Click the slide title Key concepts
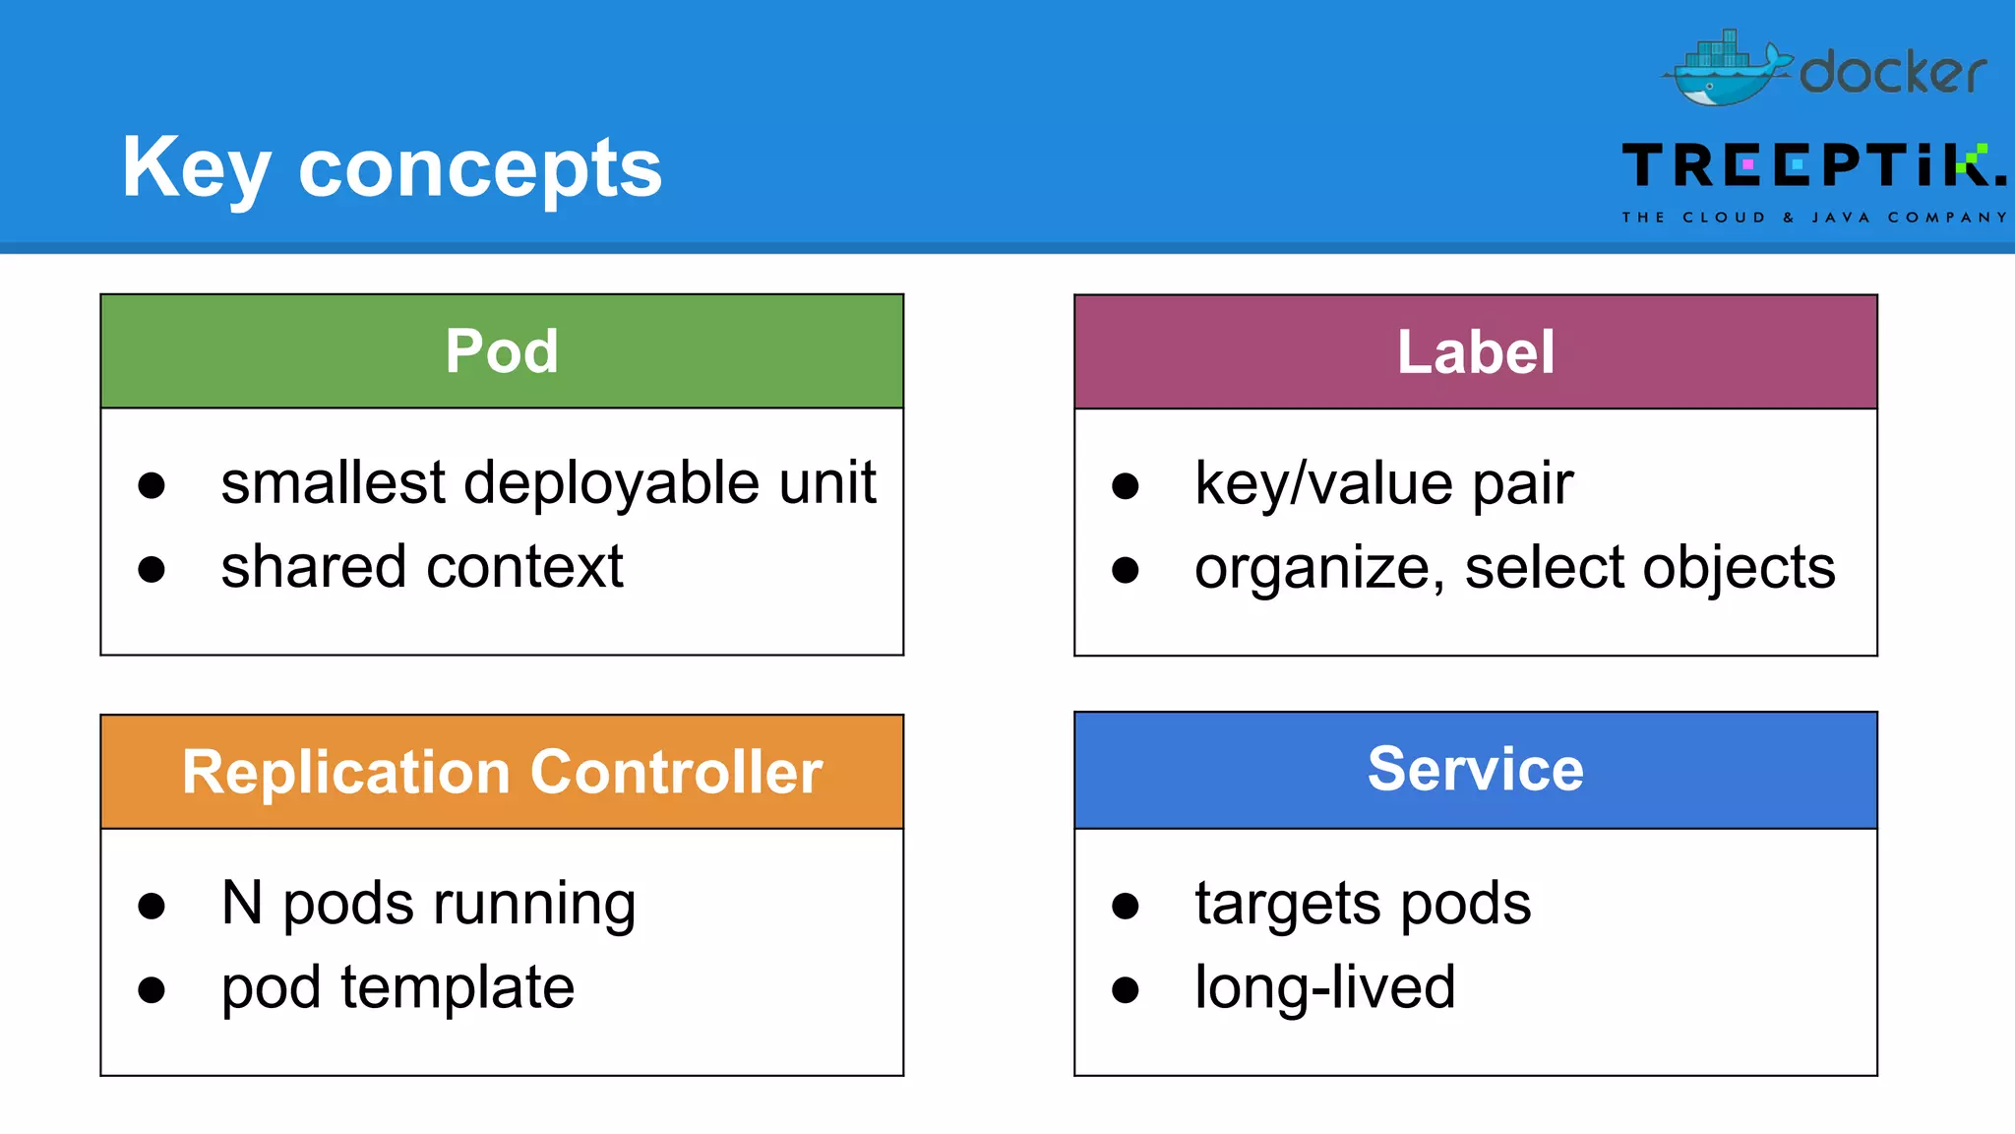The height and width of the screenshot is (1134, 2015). point(392,167)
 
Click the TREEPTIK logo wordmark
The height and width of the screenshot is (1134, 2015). point(1813,165)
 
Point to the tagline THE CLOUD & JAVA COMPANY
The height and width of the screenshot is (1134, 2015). point(1814,218)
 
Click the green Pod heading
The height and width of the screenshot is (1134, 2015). point(502,351)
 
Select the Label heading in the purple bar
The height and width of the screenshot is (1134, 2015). point(1476,352)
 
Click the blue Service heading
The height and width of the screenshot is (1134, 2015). point(1476,769)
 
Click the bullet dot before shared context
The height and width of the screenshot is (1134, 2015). point(152,569)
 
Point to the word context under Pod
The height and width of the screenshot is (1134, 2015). point(531,568)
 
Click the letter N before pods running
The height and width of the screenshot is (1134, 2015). point(242,903)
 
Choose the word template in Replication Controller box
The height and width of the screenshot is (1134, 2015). point(458,987)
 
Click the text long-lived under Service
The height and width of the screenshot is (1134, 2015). point(1324,987)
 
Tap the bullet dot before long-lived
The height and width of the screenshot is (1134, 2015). point(1126,989)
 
